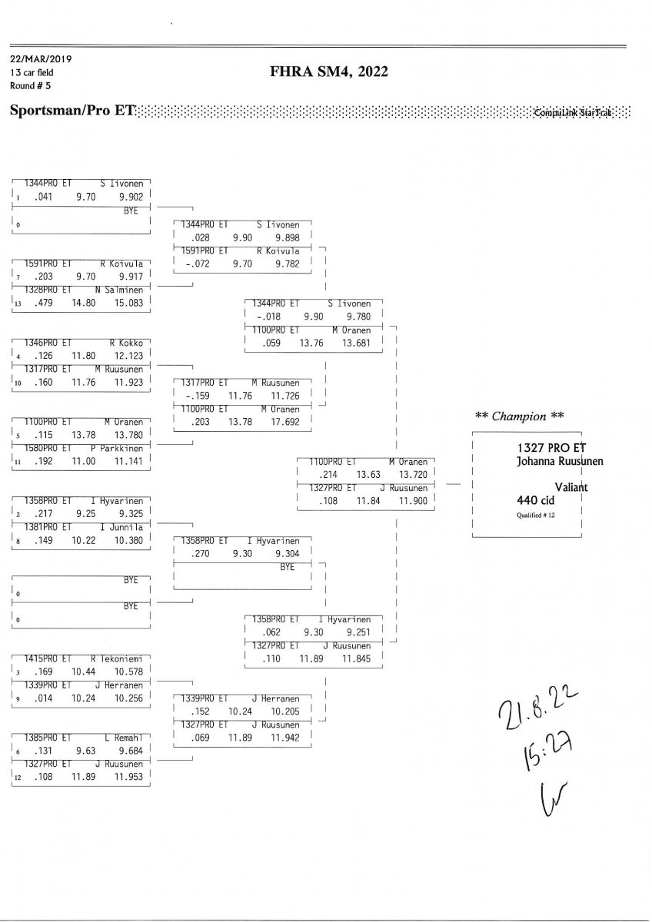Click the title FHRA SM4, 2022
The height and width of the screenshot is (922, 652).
329,72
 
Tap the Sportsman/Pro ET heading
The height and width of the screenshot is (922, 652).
72,111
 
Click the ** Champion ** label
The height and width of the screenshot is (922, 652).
520,416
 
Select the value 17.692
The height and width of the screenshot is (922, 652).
284,421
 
